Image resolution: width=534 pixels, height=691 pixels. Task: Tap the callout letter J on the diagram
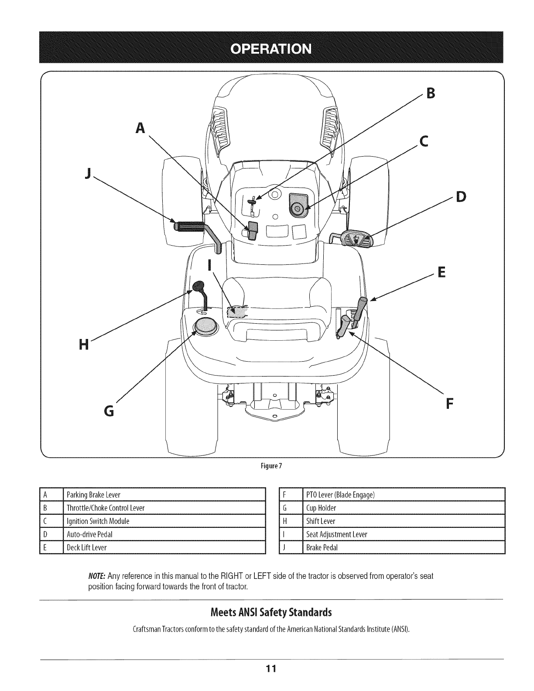(x=89, y=174)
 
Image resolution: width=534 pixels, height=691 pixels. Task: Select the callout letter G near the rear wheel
(x=110, y=410)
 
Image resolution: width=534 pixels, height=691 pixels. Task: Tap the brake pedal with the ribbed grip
(x=189, y=226)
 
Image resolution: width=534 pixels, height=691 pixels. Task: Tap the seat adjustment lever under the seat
(x=237, y=311)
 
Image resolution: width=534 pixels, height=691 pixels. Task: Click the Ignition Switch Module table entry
(x=98, y=521)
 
